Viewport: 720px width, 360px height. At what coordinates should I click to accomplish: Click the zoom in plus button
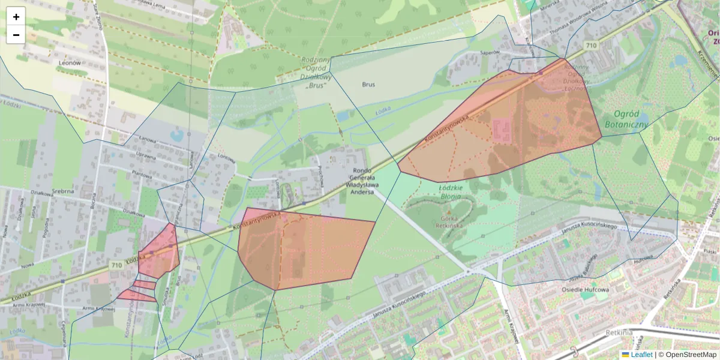pyautogui.click(x=16, y=17)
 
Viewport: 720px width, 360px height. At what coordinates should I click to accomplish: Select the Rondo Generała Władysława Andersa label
pyautogui.click(x=361, y=181)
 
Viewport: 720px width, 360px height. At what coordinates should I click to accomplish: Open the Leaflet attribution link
pyautogui.click(x=641, y=355)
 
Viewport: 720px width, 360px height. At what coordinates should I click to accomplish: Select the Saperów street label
pyautogui.click(x=490, y=53)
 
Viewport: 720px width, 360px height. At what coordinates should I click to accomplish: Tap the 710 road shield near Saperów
pyautogui.click(x=592, y=46)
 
